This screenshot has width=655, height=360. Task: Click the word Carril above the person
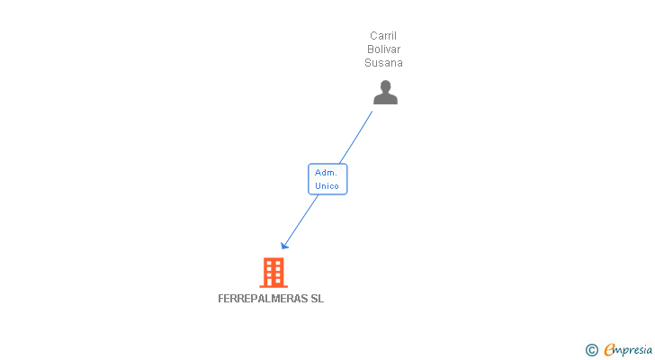383,36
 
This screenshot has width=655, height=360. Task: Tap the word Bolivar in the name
383,49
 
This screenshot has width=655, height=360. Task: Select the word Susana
383,63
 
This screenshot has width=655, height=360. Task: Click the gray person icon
385,93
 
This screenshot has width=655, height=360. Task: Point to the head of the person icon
386,86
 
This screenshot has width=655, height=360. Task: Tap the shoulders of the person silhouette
385,99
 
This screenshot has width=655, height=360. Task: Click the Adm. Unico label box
327,179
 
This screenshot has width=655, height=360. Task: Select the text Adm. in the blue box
326,173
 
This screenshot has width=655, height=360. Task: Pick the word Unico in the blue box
327,185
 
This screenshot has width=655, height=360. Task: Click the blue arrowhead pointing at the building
284,245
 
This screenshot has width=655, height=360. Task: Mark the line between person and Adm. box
355,137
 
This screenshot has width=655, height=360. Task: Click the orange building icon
274,273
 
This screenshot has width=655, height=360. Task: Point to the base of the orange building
274,286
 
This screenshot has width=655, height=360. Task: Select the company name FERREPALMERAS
263,299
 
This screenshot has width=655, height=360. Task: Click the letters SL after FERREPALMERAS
317,299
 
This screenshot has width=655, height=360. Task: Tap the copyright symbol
591,350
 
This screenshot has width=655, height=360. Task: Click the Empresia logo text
628,350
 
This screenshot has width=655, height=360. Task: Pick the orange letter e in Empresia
609,349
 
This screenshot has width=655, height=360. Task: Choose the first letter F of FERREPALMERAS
221,299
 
